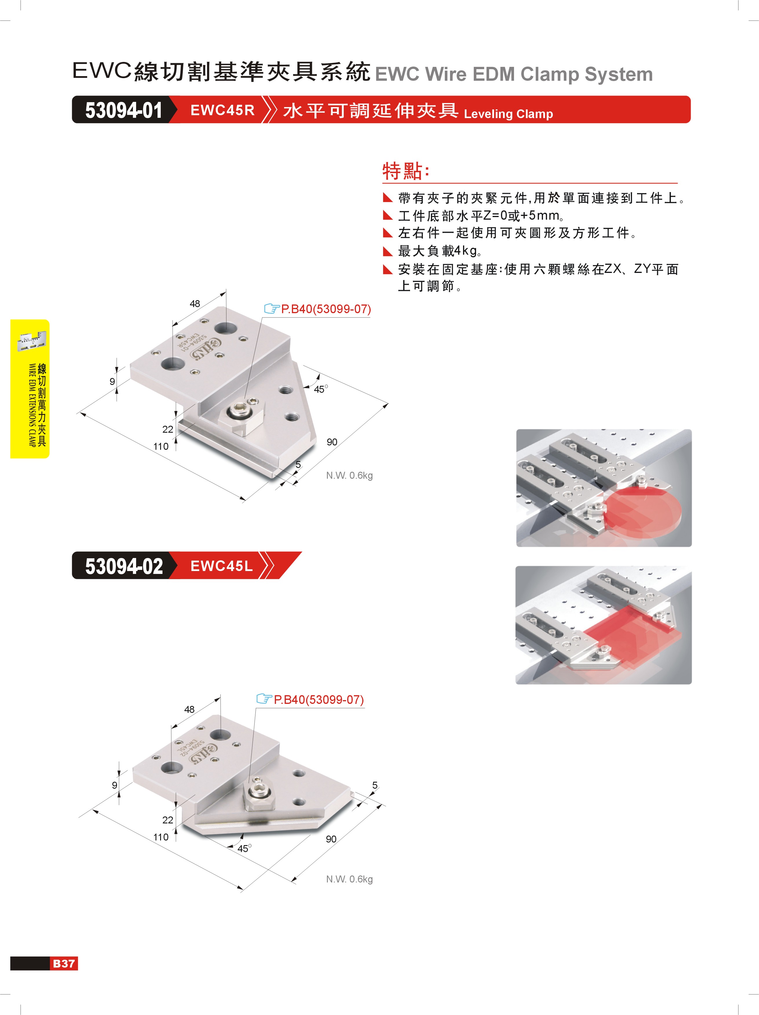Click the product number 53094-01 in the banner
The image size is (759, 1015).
coord(124,110)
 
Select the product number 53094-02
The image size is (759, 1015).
coord(124,566)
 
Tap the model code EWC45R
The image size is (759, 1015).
coord(222,110)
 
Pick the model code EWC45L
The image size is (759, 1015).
coord(221,566)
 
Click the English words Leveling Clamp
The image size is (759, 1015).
coord(508,114)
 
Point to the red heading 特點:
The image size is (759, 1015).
coord(406,171)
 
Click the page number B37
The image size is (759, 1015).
coord(64,963)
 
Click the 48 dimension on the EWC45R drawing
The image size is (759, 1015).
coord(195,304)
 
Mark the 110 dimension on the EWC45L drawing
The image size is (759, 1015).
coord(161,837)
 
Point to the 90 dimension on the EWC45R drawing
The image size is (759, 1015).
coord(332,442)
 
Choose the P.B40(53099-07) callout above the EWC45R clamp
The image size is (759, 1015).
coord(325,309)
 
